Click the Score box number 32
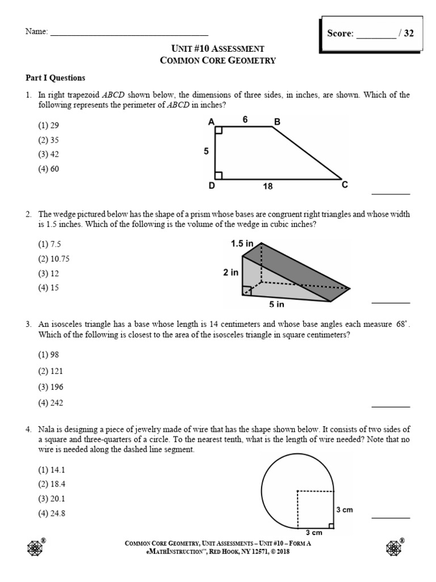pos(409,33)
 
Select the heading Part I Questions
pos(55,78)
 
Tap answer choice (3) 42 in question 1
pos(48,154)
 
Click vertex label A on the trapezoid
pos(211,122)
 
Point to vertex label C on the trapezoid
pos(344,185)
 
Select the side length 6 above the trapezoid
pos(245,120)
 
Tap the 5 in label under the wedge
pos(276,304)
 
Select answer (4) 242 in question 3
pos(51,403)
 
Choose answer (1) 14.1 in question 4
pos(51,470)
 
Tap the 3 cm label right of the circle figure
pos(344,510)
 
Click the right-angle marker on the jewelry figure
pos(331,526)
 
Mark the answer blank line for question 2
pos(390,302)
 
